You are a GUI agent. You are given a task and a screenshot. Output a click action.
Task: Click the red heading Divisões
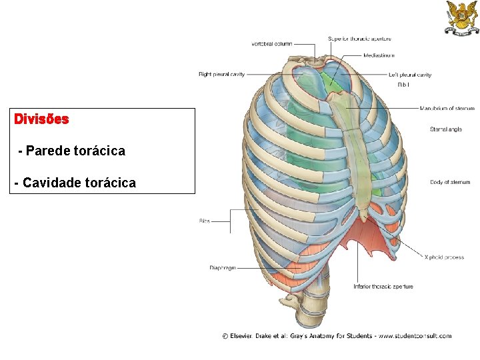pos(41,120)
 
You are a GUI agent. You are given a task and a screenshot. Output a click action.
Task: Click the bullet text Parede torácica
pos(72,151)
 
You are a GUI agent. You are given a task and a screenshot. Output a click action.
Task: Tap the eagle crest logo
pos(461,18)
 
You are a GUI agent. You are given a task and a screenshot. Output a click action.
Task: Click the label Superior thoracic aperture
pos(359,39)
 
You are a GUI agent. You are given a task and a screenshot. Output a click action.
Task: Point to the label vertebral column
pos(271,44)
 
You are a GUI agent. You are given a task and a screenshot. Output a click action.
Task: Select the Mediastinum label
pos(379,55)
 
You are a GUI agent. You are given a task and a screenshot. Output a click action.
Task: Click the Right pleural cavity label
pos(222,74)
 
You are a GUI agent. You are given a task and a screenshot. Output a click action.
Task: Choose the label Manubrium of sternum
pos(447,108)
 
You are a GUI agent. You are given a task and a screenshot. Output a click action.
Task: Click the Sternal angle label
pos(445,129)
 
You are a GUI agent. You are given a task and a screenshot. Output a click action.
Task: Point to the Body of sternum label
pos(449,182)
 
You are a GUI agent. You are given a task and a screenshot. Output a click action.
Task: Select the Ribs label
pos(204,221)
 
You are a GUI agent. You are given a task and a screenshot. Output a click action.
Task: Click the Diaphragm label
pos(223,268)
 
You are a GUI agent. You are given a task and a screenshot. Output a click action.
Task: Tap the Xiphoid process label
pos(444,257)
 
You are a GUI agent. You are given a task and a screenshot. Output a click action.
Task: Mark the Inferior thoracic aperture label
pos(383,287)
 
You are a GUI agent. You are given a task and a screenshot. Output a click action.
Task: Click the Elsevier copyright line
pos(337,335)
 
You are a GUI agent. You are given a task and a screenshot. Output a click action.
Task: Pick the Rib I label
pos(403,85)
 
